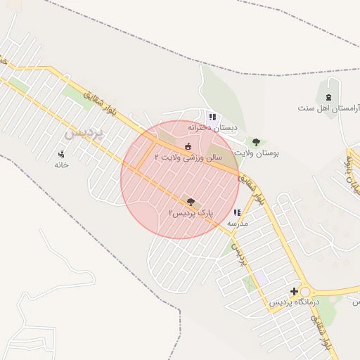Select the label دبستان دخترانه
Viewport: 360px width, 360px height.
pos(212,127)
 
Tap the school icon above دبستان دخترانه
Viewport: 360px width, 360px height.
pos(212,117)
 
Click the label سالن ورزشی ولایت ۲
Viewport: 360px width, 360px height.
pos(188,157)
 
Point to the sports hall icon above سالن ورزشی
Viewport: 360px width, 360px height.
pos(188,146)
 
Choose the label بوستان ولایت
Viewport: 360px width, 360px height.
pos(257,152)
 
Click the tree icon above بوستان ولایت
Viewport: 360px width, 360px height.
pos(256,142)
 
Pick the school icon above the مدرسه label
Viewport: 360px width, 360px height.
pos(237,212)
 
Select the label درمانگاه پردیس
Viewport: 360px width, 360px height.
pos(295,302)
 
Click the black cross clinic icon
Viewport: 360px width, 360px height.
pos(295,291)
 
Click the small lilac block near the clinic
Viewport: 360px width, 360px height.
pos(259,277)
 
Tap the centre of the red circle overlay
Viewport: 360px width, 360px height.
pos(180,179)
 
